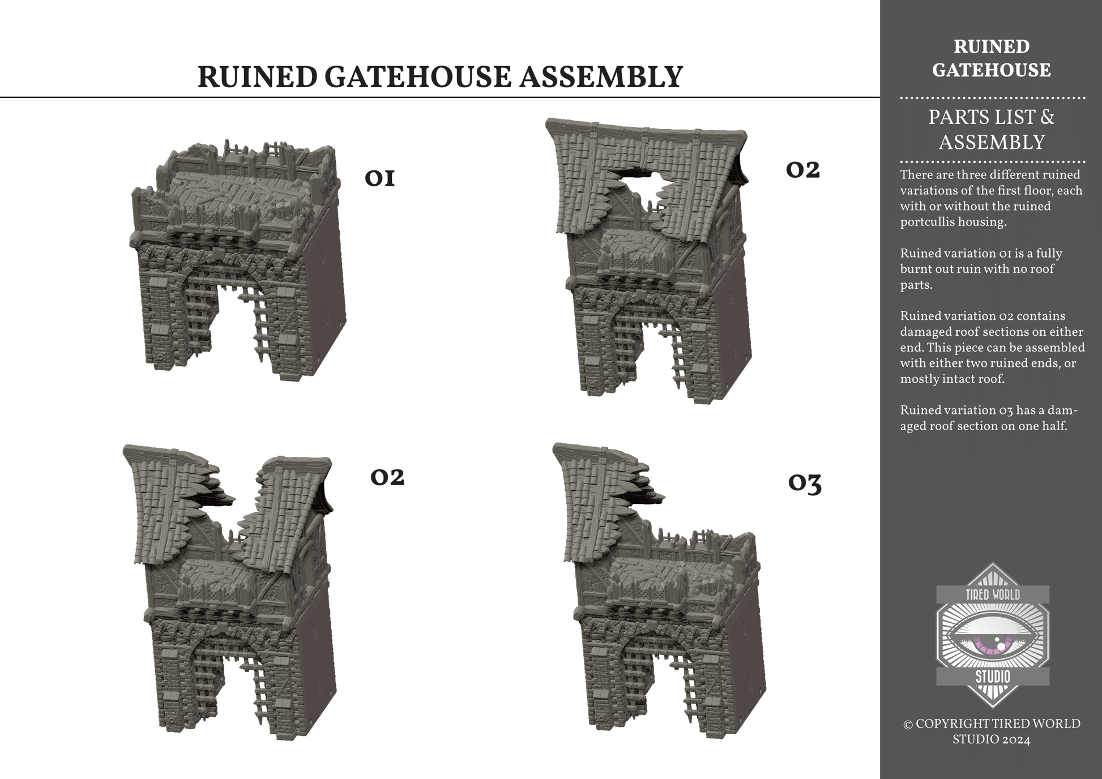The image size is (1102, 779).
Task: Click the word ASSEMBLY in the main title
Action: pos(601,77)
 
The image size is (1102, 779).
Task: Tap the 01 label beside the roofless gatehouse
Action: pos(379,178)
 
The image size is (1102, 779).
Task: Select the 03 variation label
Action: pos(805,483)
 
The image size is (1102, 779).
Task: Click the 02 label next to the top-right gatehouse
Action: pos(802,170)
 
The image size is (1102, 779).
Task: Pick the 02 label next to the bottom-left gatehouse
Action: pos(387,477)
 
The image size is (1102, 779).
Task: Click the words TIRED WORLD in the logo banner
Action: pos(992,594)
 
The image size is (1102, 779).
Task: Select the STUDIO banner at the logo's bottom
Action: pos(993,677)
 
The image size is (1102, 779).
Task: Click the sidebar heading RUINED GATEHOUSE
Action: pos(992,58)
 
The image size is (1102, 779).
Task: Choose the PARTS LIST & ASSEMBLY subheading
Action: pos(992,130)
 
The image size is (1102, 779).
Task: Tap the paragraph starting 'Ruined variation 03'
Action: pos(989,418)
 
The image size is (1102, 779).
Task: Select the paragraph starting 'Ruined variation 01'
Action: pos(981,269)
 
